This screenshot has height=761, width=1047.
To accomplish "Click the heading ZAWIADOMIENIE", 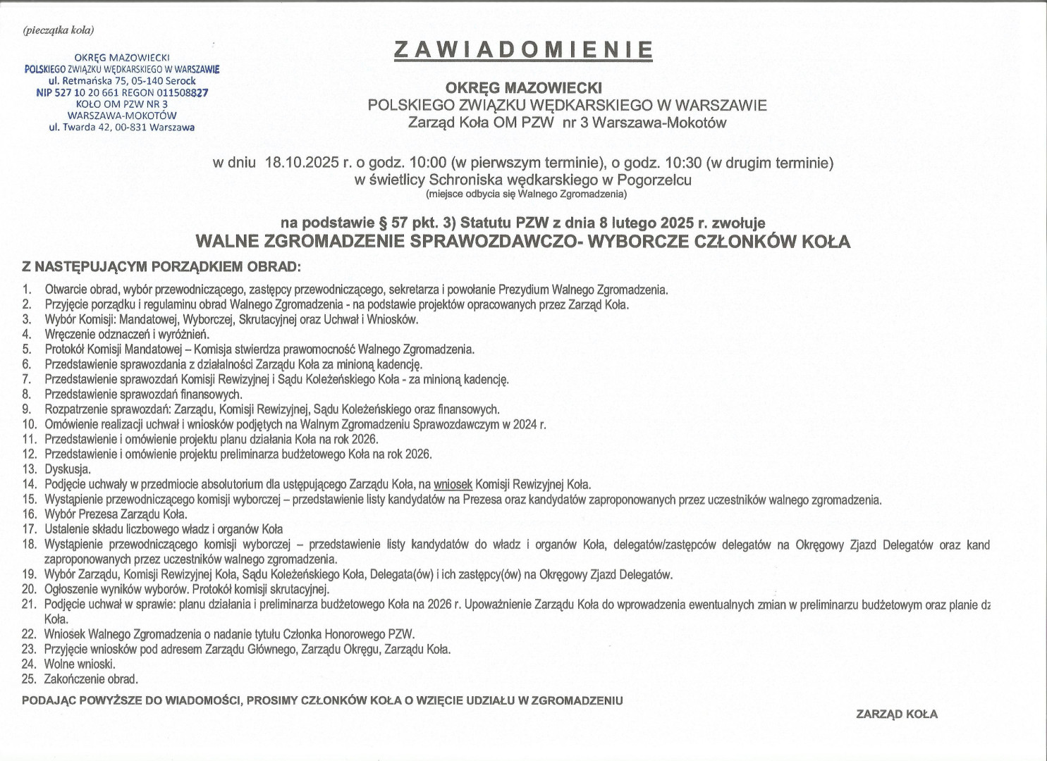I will (523, 49).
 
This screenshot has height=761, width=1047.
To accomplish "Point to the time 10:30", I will (682, 163).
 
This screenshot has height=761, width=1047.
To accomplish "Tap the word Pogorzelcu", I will (654, 180).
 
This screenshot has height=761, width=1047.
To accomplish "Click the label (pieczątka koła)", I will (59, 30).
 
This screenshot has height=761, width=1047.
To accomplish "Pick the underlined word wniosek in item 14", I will (453, 484).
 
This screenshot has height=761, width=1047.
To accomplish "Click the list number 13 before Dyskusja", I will (29, 469).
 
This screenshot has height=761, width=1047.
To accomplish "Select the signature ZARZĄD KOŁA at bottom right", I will (897, 714).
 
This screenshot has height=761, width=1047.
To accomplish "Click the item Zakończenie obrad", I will (91, 679).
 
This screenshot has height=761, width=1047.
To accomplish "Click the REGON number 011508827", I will (181, 92).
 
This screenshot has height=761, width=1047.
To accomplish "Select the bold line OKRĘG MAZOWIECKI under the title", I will (523, 88).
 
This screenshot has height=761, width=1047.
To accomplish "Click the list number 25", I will (29, 679).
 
